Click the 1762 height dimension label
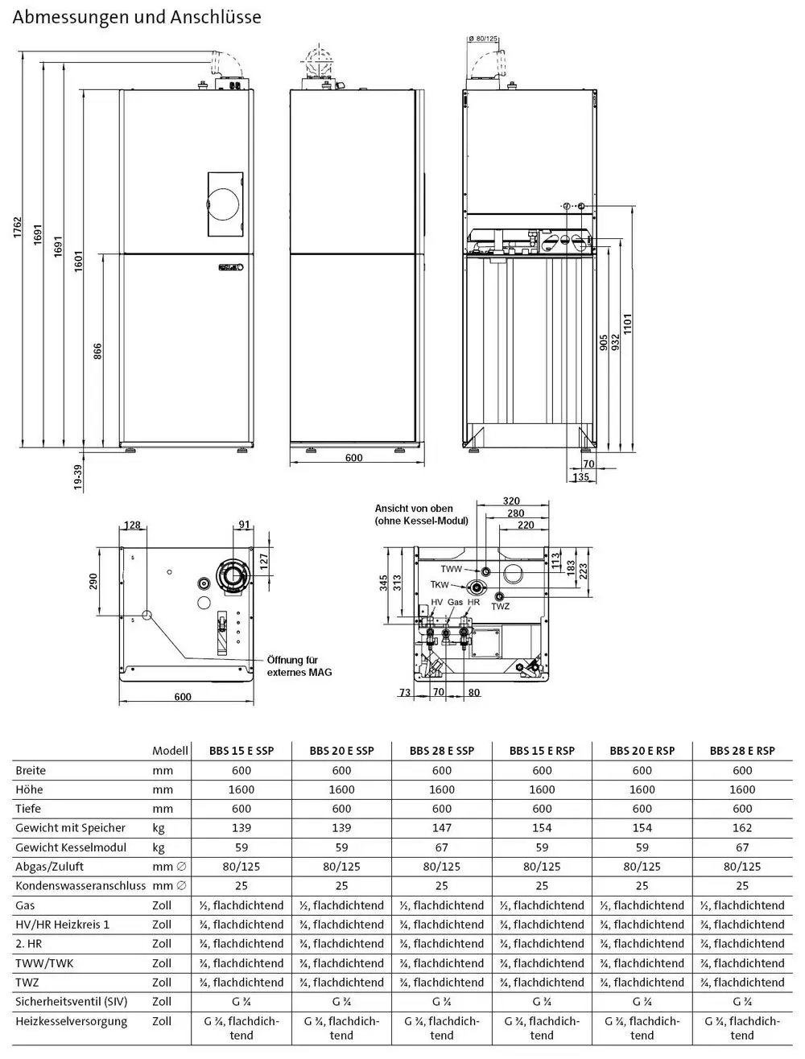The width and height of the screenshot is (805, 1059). [x=18, y=227]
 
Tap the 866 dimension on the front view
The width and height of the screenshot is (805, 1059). [x=97, y=351]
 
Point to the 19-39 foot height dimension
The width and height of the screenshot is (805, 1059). [x=78, y=477]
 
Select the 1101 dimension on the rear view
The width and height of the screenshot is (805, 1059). [x=627, y=323]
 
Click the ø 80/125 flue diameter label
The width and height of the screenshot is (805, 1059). [x=483, y=39]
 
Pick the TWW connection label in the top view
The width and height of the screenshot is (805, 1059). [x=452, y=569]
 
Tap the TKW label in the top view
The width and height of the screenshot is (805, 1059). [x=440, y=585]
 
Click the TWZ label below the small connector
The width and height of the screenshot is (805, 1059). [x=501, y=607]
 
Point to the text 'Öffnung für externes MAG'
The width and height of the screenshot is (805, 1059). [x=299, y=665]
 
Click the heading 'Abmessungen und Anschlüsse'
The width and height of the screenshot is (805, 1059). [x=137, y=18]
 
